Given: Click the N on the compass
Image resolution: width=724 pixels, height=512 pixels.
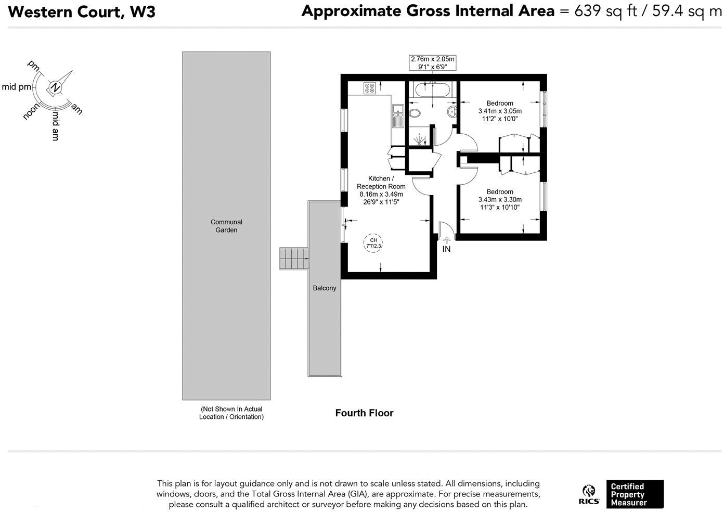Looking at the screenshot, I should pyautogui.click(x=55, y=87).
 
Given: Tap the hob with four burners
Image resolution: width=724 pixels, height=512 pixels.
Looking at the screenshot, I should pyautogui.click(x=370, y=88).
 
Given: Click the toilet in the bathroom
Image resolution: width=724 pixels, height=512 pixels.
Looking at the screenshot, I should pyautogui.click(x=415, y=113).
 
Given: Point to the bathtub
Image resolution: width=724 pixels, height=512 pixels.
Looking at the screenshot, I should pyautogui.click(x=432, y=90).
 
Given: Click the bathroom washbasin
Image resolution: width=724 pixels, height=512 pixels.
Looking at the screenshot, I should pyautogui.click(x=451, y=112).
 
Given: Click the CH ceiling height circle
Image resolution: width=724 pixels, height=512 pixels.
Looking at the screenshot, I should pyautogui.click(x=373, y=243).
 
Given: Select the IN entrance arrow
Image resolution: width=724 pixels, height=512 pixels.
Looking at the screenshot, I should pyautogui.click(x=446, y=240).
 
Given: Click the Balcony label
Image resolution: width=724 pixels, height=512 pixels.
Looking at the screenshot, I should pyautogui.click(x=325, y=288).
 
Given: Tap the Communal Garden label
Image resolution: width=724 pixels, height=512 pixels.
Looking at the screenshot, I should pyautogui.click(x=226, y=226).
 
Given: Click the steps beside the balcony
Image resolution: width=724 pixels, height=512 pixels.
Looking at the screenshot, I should pyautogui.click(x=294, y=259).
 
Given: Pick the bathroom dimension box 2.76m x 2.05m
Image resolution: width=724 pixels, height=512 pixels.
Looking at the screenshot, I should pyautogui.click(x=432, y=62).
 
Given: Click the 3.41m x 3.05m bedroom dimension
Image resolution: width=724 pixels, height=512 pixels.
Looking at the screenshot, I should pyautogui.click(x=500, y=111).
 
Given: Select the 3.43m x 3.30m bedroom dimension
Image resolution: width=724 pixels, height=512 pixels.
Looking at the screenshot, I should pyautogui.click(x=500, y=199).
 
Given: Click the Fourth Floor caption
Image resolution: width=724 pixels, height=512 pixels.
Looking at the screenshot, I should pyautogui.click(x=364, y=413).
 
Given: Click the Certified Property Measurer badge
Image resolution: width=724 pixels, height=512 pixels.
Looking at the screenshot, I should pyautogui.click(x=635, y=494).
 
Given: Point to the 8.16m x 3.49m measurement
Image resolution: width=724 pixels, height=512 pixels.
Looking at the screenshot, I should pyautogui.click(x=381, y=194).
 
